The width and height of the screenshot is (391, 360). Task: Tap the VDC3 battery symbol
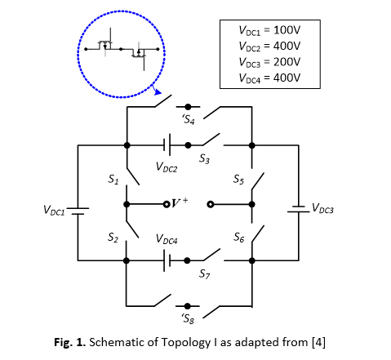tap(299, 209)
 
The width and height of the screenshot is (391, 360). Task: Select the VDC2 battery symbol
tap(167, 144)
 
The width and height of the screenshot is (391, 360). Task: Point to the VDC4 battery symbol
tap(167, 260)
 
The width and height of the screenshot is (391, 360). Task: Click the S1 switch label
tap(113, 180)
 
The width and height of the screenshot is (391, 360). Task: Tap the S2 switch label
tap(113, 238)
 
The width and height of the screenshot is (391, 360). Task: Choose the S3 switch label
tap(205, 158)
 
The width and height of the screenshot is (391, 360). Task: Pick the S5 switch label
tap(238, 180)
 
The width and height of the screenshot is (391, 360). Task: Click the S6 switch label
tap(239, 238)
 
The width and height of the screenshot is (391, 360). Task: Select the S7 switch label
tap(205, 273)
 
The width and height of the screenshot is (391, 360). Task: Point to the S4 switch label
tap(189, 119)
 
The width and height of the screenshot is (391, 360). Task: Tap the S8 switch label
tap(189, 318)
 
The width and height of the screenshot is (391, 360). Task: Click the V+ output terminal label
tap(180, 202)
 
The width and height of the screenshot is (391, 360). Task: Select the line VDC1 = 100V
tap(269, 30)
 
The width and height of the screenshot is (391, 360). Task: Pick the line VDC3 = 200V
tap(269, 62)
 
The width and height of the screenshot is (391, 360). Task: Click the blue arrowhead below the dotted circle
tap(158, 92)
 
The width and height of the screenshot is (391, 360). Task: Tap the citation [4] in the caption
tap(318, 342)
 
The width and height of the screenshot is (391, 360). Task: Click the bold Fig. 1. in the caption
tap(70, 342)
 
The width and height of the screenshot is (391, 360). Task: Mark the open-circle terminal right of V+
tap(211, 204)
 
